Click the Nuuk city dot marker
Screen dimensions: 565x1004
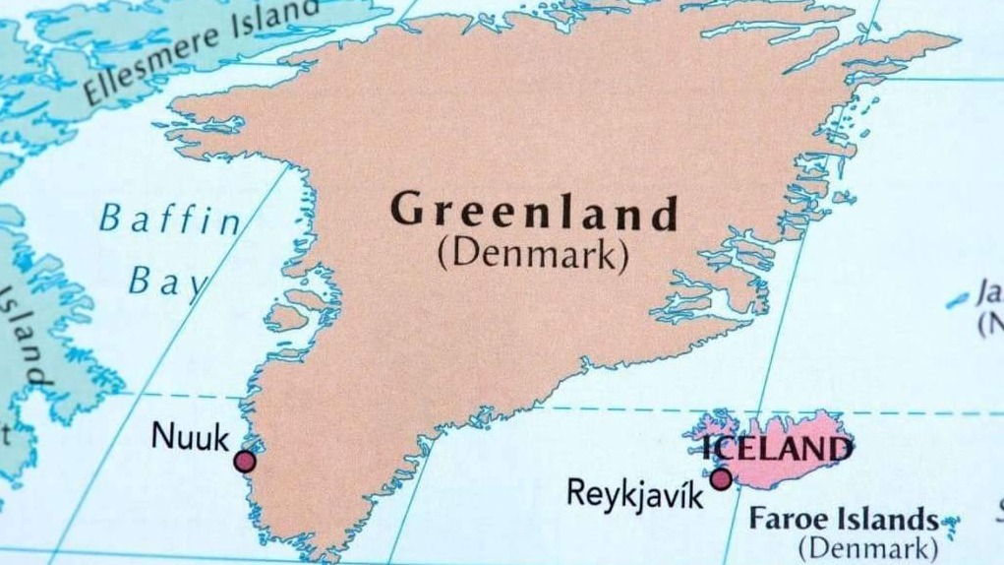(x=245, y=461)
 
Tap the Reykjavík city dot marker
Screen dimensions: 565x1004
(x=721, y=479)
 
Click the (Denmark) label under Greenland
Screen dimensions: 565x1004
(x=532, y=255)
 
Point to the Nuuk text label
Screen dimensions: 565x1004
(x=190, y=435)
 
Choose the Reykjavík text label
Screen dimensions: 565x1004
(x=635, y=493)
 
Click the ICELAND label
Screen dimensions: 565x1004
(x=777, y=450)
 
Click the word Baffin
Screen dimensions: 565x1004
(x=169, y=219)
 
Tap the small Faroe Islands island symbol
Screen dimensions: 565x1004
(x=950, y=523)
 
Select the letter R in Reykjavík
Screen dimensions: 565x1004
(x=577, y=491)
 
